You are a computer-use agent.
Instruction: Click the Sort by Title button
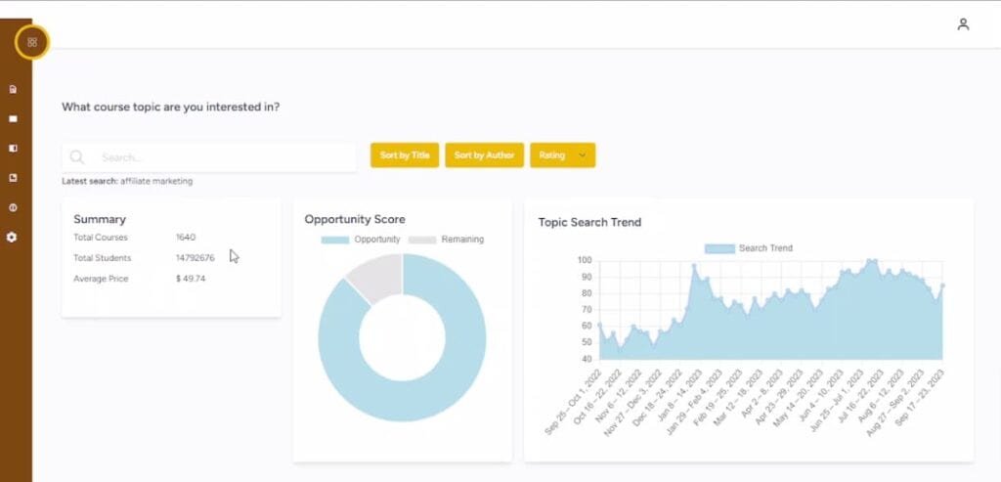pyautogui.click(x=405, y=155)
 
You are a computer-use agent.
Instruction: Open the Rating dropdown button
pyautogui.click(x=562, y=155)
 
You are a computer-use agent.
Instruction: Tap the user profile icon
pyautogui.click(x=963, y=24)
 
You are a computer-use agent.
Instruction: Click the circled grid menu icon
pyautogui.click(x=32, y=42)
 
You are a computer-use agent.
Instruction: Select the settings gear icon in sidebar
pyautogui.click(x=13, y=238)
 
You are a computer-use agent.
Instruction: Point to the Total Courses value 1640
pyautogui.click(x=186, y=238)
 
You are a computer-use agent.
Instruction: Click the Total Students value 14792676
pyautogui.click(x=196, y=258)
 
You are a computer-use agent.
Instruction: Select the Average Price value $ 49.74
pyautogui.click(x=192, y=279)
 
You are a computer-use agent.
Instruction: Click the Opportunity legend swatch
pyautogui.click(x=334, y=240)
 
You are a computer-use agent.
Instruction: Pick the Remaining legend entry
pyautogui.click(x=446, y=240)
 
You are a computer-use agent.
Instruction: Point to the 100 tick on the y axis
pyautogui.click(x=585, y=260)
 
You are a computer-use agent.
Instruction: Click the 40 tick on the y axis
pyautogui.click(x=586, y=359)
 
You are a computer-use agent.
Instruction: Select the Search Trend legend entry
pyautogui.click(x=748, y=248)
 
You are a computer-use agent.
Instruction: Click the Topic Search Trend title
pyautogui.click(x=589, y=222)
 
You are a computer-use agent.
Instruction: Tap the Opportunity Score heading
pyautogui.click(x=355, y=219)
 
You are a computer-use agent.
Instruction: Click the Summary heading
pyautogui.click(x=100, y=219)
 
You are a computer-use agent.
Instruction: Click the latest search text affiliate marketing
pyautogui.click(x=157, y=181)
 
